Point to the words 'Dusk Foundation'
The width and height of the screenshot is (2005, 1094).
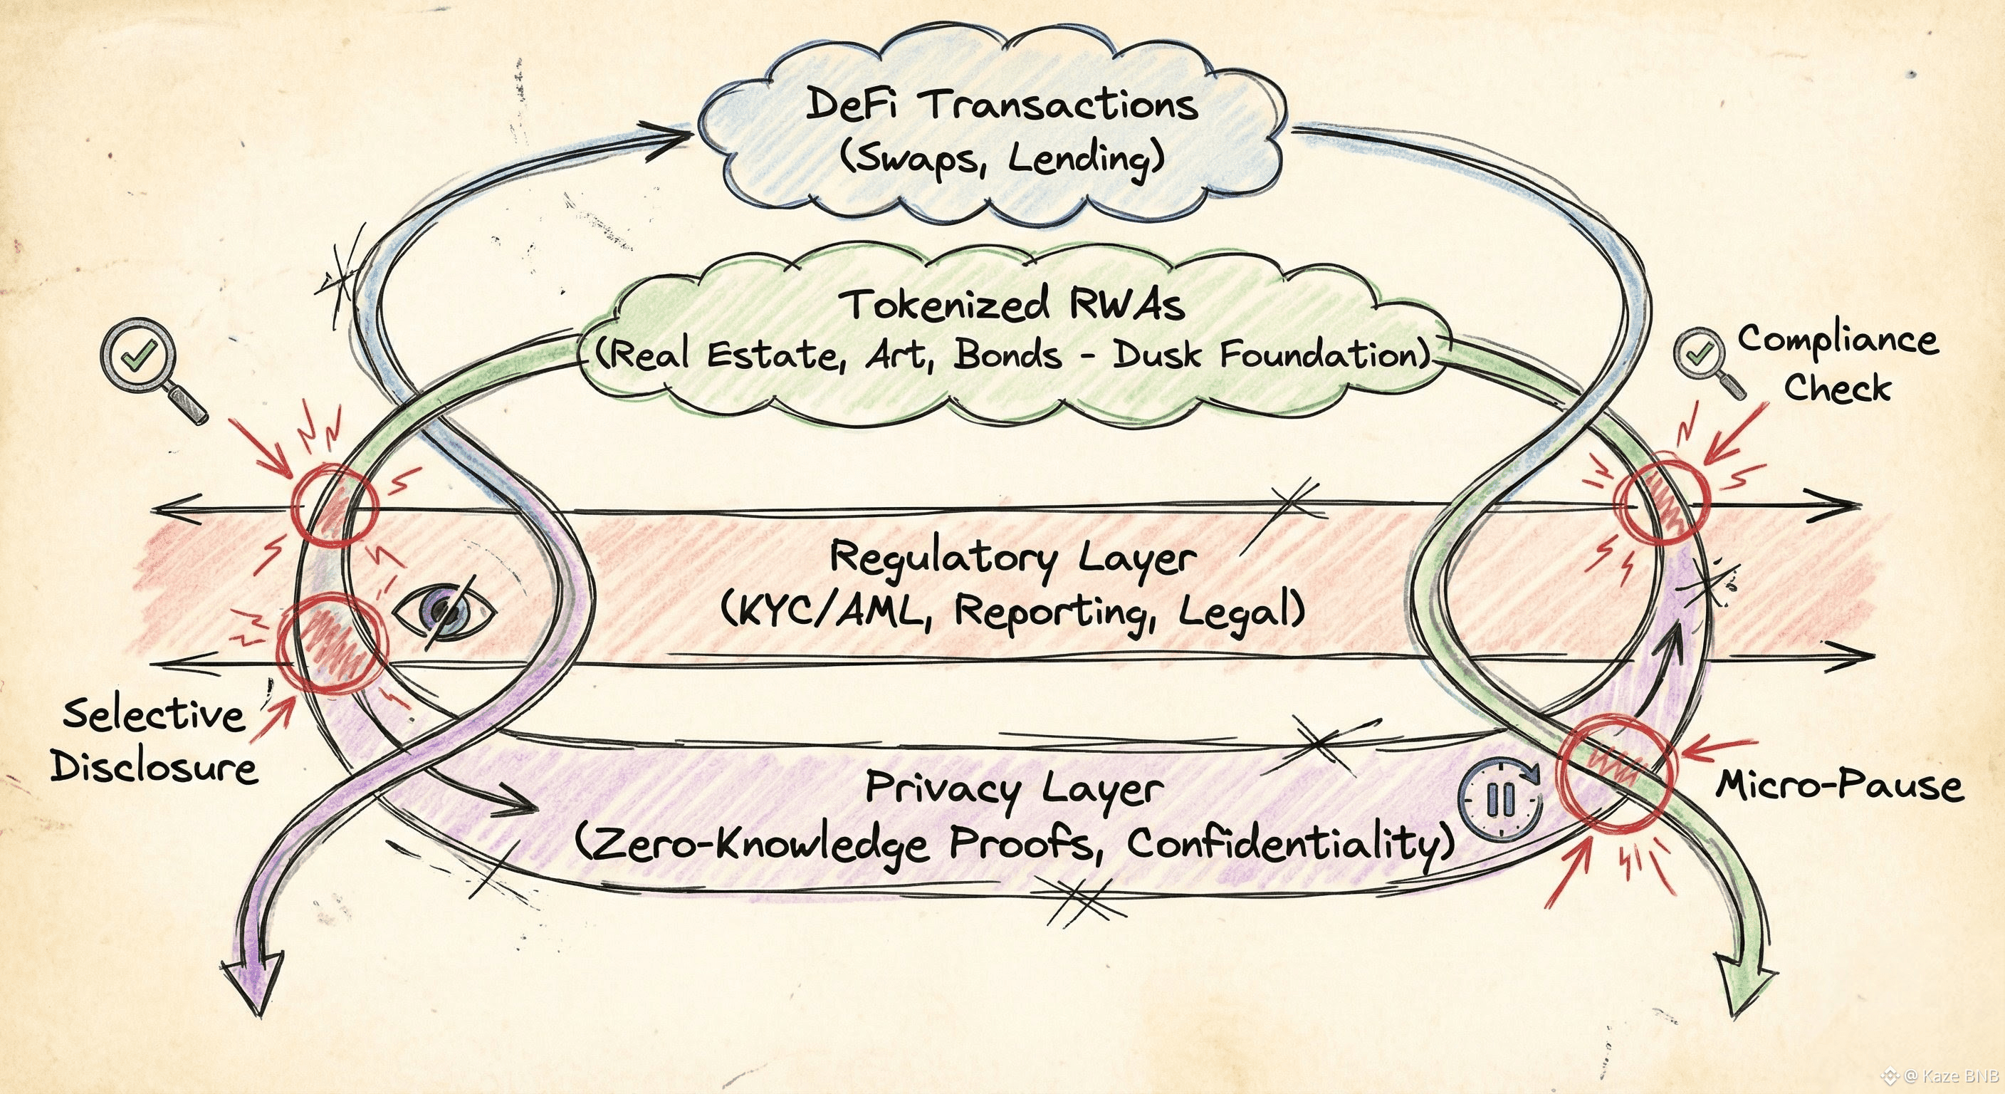[x=1270, y=356]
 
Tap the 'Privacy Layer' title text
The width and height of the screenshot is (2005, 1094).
[x=1014, y=788]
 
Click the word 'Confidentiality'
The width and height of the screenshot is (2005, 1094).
[x=1288, y=843]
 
